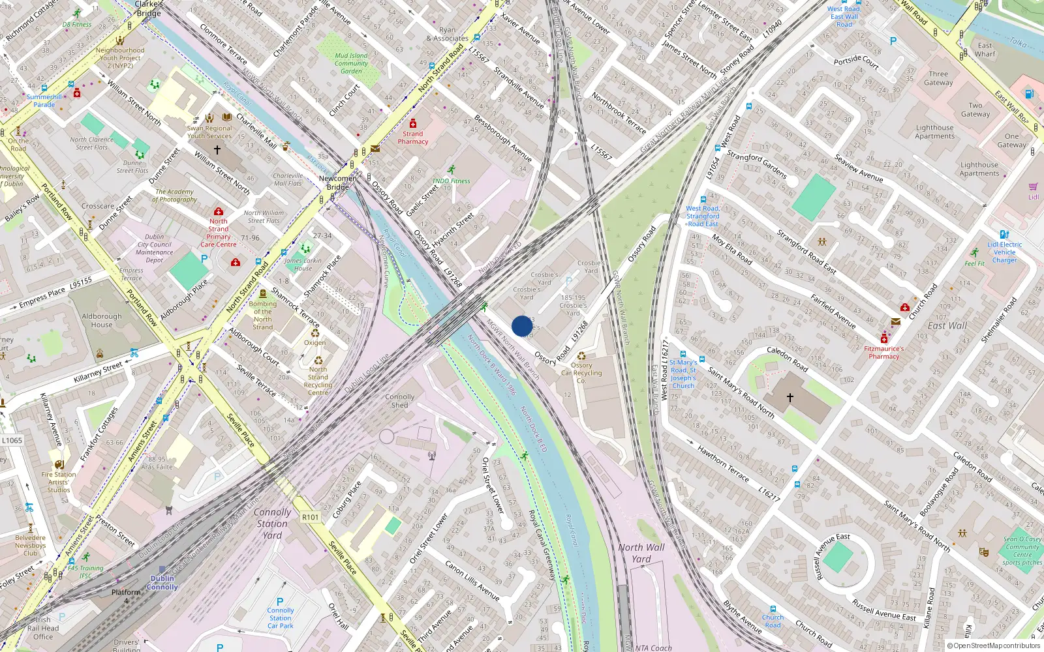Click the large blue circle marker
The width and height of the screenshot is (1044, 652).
(522, 326)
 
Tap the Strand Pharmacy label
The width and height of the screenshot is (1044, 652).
(412, 138)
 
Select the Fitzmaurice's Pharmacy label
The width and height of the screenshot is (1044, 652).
(883, 353)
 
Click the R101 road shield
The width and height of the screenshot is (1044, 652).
(311, 517)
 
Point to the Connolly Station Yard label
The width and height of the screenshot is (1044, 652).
(273, 524)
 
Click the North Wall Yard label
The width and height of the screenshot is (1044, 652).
(641, 553)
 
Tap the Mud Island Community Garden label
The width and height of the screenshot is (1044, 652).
(351, 63)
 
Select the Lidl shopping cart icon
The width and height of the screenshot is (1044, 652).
(1034, 186)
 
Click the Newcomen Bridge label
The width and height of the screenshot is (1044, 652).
(338, 183)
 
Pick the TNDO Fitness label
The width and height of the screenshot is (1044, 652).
(451, 181)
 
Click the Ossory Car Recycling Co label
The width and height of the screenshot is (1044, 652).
(581, 373)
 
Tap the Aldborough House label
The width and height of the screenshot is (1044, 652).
(102, 320)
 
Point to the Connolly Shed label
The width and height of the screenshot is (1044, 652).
(399, 400)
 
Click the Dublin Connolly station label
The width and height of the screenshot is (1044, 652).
(162, 582)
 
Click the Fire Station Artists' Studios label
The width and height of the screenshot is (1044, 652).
(59, 482)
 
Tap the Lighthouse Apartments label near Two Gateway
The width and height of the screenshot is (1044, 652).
(934, 132)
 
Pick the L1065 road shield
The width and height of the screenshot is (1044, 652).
(12, 440)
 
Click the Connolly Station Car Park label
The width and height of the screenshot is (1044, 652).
(281, 618)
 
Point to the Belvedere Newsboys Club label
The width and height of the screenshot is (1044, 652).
(31, 546)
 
